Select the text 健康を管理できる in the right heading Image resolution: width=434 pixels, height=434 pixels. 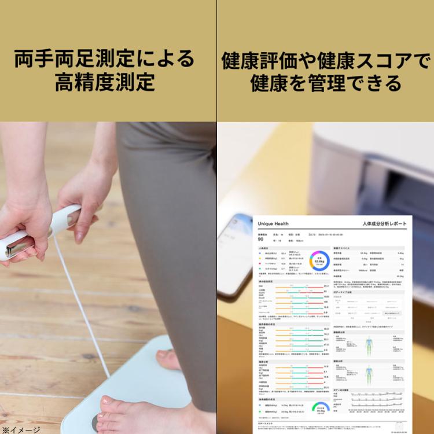326,83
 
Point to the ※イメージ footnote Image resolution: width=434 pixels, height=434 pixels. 21,429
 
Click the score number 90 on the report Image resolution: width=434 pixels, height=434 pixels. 261,239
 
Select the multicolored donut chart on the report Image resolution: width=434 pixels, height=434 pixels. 319,261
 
